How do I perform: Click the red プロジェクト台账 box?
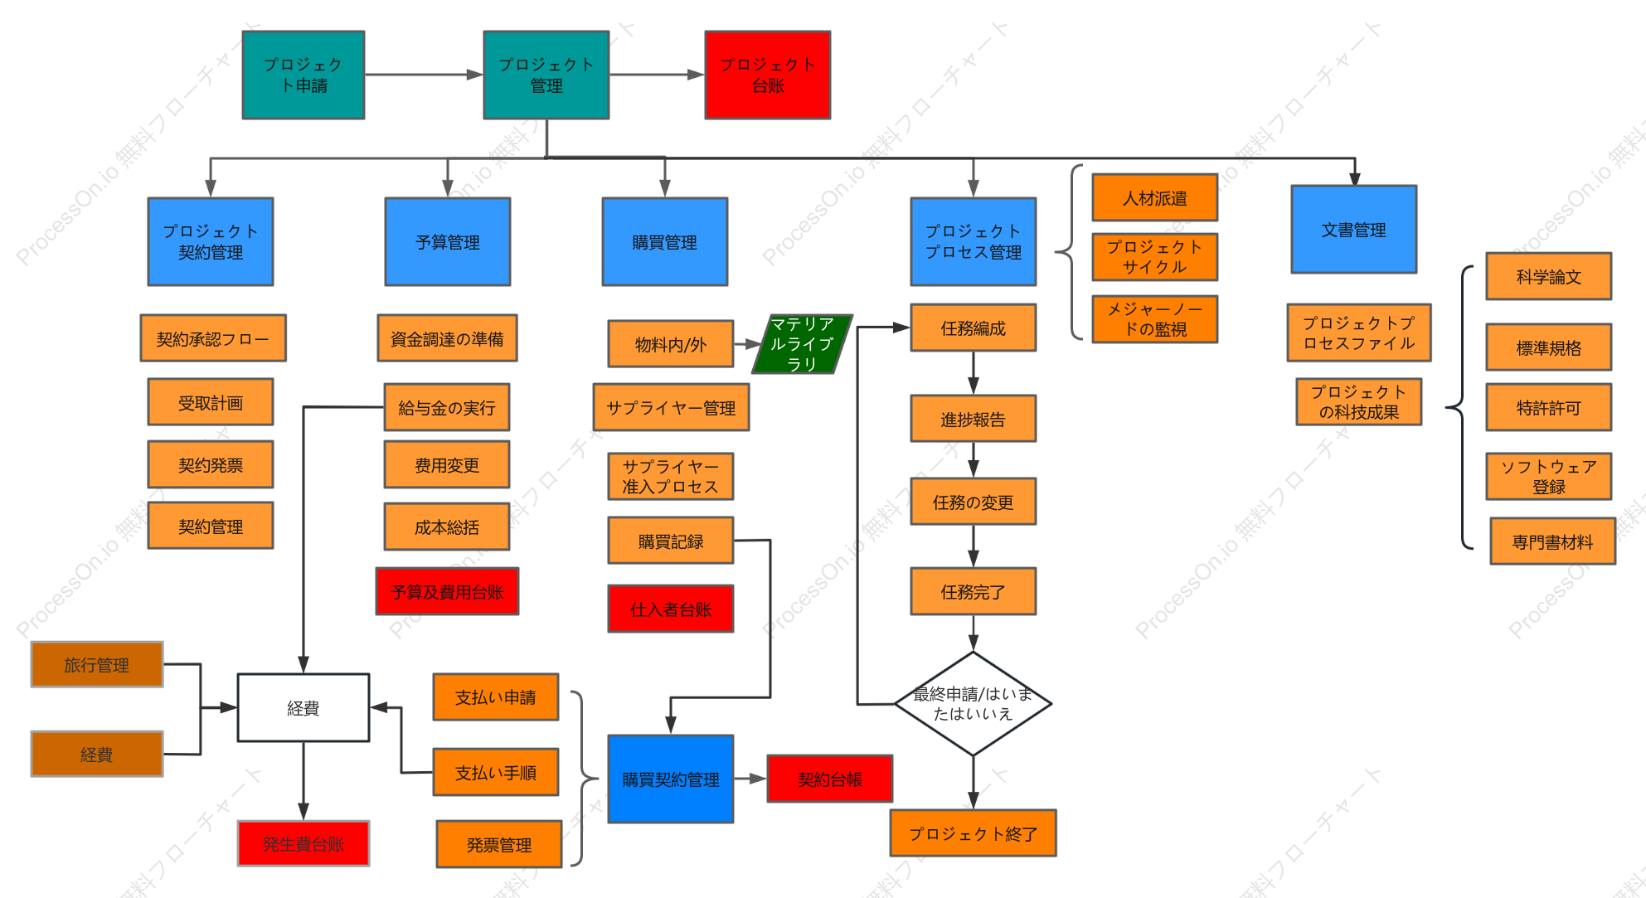tap(767, 75)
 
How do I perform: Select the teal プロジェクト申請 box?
tap(303, 75)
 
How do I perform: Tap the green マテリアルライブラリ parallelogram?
tap(802, 343)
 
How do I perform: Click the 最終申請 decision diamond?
tap(973, 704)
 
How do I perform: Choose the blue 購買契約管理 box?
tap(671, 779)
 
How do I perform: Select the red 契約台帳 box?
tap(830, 779)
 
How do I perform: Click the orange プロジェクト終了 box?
tap(973, 832)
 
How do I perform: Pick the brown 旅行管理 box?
tap(97, 664)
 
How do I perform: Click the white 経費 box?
tap(303, 707)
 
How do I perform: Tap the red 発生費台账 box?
tap(303, 843)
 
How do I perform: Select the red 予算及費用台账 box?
tap(447, 591)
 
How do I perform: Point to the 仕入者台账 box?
tap(671, 609)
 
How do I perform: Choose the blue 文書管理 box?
tap(1354, 229)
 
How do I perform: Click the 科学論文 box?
tap(1549, 276)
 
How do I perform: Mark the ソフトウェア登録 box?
tap(1549, 476)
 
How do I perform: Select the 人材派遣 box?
tap(1155, 197)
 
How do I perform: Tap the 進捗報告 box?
tap(973, 419)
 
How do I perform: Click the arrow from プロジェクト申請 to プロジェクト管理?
tap(424, 75)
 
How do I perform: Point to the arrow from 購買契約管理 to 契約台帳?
tap(750, 779)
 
